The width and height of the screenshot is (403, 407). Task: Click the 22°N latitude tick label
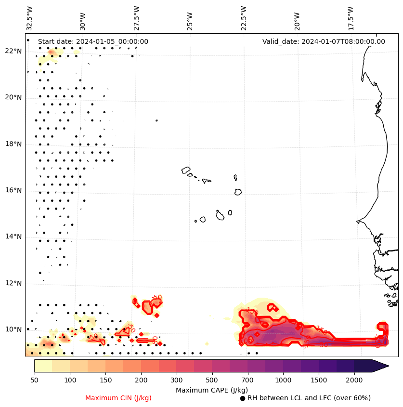pos(13,52)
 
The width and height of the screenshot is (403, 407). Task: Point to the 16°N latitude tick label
pos(13,191)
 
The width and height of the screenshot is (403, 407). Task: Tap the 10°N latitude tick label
pos(13,330)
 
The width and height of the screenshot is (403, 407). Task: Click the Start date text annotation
pos(93,41)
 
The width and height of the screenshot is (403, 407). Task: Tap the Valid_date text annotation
pos(324,41)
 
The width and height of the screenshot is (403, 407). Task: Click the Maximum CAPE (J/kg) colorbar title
pos(211,390)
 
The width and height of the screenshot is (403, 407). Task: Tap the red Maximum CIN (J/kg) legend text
pos(118,398)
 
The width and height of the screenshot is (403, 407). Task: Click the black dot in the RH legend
pos(243,398)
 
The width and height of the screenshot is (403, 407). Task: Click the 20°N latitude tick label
pos(13,98)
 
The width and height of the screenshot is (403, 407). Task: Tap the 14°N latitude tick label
pos(13,237)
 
